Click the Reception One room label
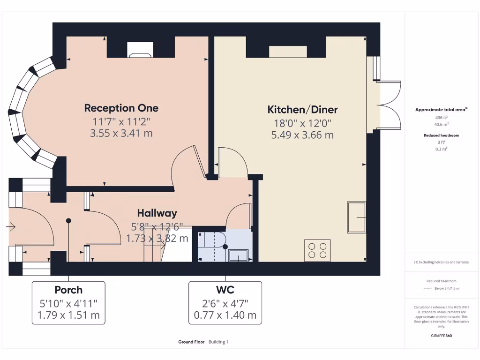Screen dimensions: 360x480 point(121,108)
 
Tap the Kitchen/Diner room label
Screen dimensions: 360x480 point(302,110)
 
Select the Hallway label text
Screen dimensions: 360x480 point(157,213)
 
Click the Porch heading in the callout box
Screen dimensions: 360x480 point(68,290)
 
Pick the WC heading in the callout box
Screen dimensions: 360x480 point(225,290)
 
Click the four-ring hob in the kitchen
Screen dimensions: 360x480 point(317,250)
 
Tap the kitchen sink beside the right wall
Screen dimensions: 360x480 point(356,217)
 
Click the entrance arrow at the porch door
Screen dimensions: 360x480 point(10,227)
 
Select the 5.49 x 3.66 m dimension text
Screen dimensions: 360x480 point(302,135)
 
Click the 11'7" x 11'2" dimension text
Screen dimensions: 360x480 point(121,121)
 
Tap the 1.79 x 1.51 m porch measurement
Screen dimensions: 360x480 point(68,315)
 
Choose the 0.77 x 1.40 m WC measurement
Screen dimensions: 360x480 point(225,315)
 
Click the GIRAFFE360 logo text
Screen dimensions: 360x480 point(441,336)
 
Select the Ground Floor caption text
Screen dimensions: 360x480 point(191,342)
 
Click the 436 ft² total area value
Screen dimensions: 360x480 point(441,117)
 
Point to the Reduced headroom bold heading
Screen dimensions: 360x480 point(441,135)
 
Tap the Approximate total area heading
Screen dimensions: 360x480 point(441,110)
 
